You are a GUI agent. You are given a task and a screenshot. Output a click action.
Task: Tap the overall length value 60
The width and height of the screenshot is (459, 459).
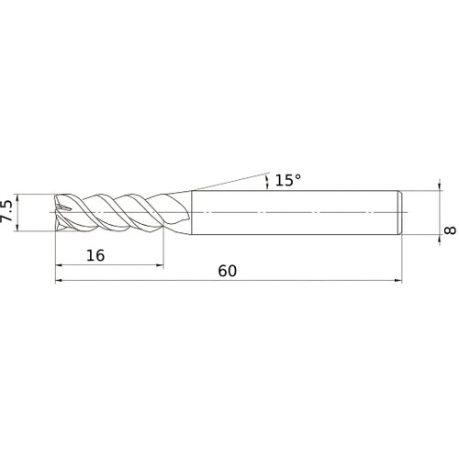[x=229, y=272]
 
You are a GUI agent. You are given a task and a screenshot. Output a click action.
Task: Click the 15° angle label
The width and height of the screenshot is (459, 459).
[x=287, y=181]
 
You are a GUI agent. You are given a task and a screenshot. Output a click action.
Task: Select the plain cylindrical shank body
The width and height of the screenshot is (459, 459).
[x=294, y=212]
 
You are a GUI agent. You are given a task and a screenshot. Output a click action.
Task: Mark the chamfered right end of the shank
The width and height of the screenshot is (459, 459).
[x=399, y=212]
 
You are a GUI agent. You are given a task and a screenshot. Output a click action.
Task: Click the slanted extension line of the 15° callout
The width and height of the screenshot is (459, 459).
[x=229, y=181]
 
